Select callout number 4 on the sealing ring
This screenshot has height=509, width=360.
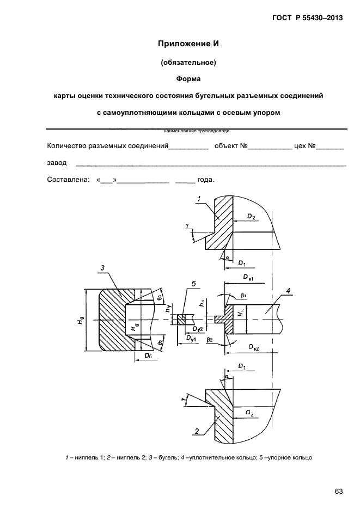tap(289, 289)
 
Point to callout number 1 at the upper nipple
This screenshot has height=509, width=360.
tap(199, 199)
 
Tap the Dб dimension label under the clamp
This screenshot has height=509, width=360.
tap(148, 355)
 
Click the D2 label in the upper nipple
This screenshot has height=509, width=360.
tap(250, 217)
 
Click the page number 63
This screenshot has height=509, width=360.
tap(338, 491)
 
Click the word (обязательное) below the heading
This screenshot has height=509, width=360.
tap(188, 62)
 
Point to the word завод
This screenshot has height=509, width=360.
tap(57, 162)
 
